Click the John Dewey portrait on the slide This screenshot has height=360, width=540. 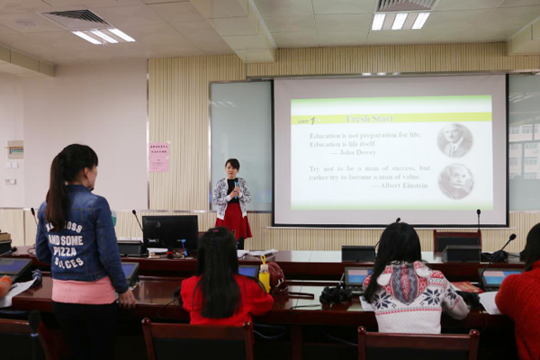[x=454, y=140]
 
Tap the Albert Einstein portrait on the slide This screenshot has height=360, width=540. [x=455, y=181]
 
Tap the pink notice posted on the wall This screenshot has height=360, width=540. [x=159, y=157]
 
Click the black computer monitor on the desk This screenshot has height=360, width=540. [x=169, y=231]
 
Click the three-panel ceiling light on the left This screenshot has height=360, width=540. [x=103, y=36]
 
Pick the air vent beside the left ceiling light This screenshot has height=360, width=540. [x=76, y=16]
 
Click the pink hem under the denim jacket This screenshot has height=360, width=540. [x=83, y=291]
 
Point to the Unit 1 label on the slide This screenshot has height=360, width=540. [x=306, y=120]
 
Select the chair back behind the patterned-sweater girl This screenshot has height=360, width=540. [x=418, y=344]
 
